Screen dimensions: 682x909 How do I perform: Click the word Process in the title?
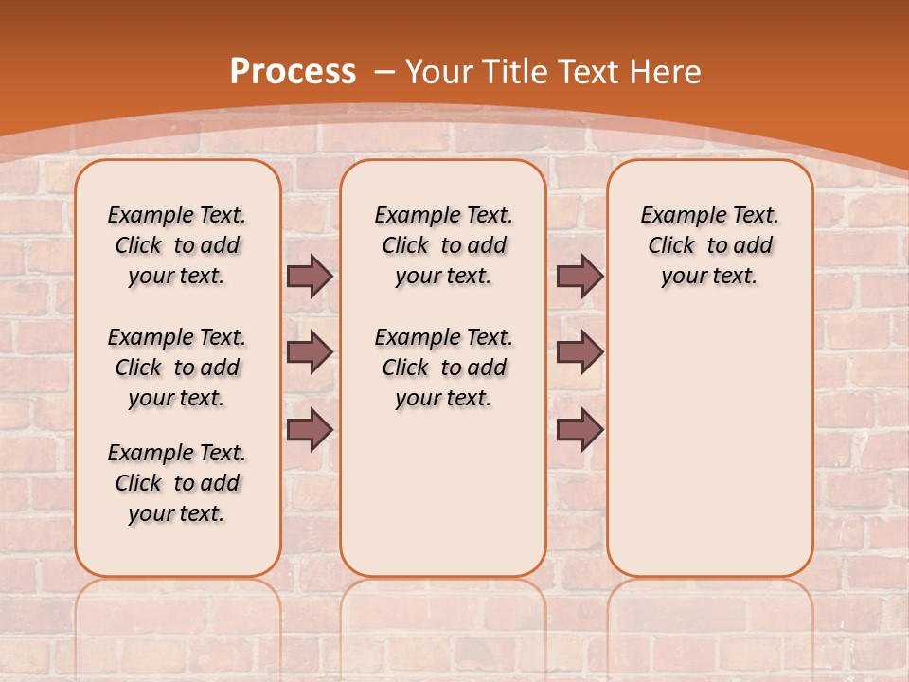(293, 71)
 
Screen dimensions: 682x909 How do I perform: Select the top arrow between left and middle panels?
(310, 276)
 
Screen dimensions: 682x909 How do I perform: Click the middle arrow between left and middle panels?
(310, 352)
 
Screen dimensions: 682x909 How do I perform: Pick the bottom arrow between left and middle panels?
(310, 429)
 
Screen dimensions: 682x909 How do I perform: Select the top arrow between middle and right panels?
(579, 276)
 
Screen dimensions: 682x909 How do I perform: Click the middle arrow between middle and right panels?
(579, 352)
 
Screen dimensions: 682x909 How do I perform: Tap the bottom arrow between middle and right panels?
(579, 429)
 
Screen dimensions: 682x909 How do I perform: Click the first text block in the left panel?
(177, 245)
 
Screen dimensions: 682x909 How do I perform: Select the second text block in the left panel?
(177, 368)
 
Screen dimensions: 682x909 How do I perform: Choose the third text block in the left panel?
(177, 483)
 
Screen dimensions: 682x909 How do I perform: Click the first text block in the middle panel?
(443, 245)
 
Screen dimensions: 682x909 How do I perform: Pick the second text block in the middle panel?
(443, 368)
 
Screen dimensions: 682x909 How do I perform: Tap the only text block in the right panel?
(709, 245)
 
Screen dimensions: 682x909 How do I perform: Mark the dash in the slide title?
(384, 71)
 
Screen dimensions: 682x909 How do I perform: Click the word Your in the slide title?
(439, 71)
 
